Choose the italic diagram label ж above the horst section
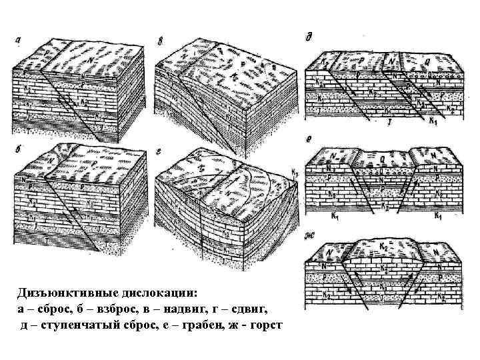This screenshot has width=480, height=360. pos(309,233)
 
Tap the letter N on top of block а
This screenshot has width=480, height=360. pos(91,59)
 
